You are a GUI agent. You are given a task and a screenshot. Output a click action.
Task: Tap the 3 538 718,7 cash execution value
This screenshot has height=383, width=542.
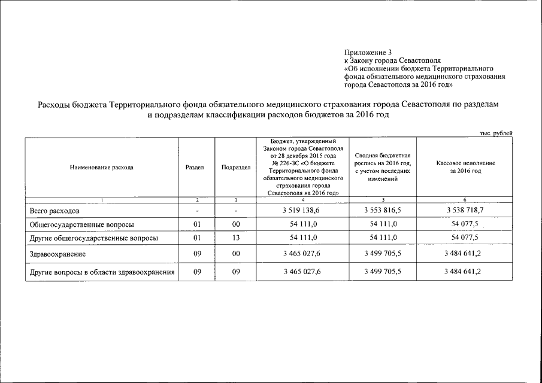[465, 211]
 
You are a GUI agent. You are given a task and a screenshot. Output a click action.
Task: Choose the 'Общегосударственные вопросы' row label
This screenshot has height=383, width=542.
[81, 224]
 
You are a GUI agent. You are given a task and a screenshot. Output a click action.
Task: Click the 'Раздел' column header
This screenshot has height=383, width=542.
[195, 168]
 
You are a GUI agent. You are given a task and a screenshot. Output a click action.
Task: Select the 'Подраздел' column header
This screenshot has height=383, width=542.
[236, 168]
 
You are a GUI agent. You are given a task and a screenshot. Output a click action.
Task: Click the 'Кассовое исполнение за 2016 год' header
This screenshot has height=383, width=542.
[465, 167]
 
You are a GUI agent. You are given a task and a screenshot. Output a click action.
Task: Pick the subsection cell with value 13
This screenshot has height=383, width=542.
[236, 238]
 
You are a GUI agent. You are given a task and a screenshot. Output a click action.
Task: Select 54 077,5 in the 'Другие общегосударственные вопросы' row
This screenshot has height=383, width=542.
[465, 238]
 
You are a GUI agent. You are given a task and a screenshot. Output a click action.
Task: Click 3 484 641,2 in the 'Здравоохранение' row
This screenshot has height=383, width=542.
[465, 254]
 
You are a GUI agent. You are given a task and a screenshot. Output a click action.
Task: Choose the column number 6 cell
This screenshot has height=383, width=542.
[465, 199]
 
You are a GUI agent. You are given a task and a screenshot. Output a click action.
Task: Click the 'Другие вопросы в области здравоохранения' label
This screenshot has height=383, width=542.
[102, 272]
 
